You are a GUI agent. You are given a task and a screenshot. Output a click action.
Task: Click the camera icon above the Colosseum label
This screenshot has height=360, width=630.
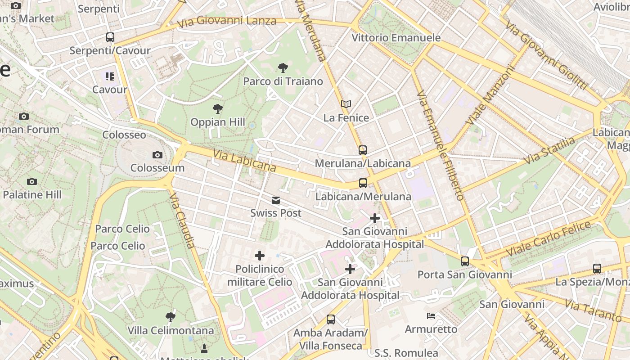click(157, 155)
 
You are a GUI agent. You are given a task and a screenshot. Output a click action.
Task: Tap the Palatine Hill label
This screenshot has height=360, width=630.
click(32, 195)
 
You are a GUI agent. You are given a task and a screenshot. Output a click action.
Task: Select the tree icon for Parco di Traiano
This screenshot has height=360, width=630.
click(283, 68)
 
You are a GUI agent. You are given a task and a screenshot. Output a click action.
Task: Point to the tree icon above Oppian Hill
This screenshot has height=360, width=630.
click(218, 109)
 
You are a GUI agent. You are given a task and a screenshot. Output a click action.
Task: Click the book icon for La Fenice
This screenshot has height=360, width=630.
click(346, 104)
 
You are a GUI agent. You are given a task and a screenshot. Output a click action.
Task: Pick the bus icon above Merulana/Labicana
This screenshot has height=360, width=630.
click(363, 150)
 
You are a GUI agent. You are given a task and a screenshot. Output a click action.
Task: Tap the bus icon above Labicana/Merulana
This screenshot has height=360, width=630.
click(363, 183)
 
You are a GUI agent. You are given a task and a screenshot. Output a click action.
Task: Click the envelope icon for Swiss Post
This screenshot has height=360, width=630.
click(275, 200)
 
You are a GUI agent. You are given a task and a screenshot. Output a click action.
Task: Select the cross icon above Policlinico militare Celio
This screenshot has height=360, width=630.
click(260, 256)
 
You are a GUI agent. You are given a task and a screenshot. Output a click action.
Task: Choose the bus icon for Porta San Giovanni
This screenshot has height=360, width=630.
click(464, 261)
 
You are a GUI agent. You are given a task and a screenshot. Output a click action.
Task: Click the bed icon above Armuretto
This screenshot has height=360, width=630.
click(431, 316)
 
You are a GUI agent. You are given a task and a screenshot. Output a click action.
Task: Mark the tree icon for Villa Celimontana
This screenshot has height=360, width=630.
click(171, 317)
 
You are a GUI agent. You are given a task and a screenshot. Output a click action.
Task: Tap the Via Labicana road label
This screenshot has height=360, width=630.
click(244, 161)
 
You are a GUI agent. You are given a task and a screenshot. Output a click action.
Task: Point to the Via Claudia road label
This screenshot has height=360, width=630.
click(182, 220)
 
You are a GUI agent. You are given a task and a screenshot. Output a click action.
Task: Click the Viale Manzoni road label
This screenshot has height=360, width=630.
click(490, 96)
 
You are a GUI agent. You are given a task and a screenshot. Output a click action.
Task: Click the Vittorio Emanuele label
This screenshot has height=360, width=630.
click(396, 38)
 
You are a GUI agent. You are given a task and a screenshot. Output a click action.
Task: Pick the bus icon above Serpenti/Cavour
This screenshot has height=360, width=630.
click(110, 37)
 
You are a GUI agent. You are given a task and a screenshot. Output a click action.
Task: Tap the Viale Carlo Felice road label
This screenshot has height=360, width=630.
click(548, 238)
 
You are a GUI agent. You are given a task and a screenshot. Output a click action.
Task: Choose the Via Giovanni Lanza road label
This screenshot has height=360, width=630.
click(227, 21)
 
